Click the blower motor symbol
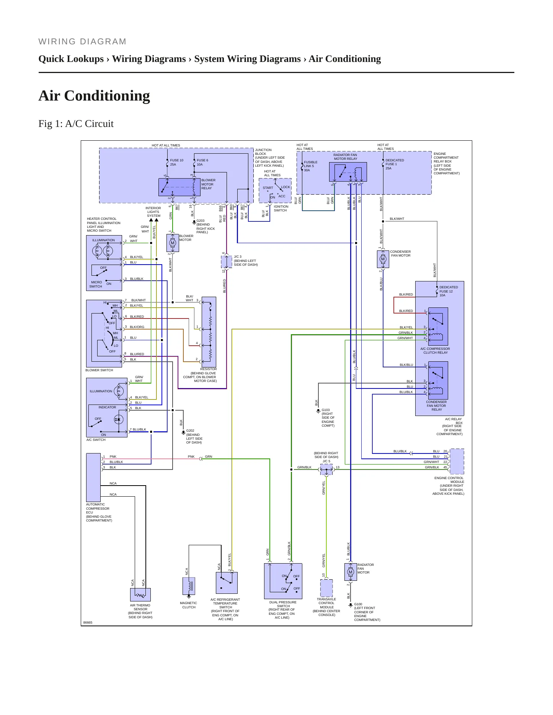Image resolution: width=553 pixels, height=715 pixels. pyautogui.click(x=173, y=243)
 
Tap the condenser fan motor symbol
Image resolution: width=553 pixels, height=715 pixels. pyautogui.click(x=383, y=259)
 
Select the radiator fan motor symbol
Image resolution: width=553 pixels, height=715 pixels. pyautogui.click(x=351, y=572)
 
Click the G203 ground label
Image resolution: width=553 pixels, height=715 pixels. pyautogui.click(x=206, y=226)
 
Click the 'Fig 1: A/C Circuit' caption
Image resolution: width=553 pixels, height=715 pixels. pyautogui.click(x=76, y=123)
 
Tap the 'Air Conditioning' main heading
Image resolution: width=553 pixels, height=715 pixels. pyautogui.click(x=94, y=96)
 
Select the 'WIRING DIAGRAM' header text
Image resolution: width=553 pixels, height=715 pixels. pyautogui.click(x=82, y=42)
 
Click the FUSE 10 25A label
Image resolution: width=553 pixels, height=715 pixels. pyautogui.click(x=176, y=162)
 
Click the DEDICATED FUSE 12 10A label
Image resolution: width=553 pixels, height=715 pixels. pyautogui.click(x=449, y=291)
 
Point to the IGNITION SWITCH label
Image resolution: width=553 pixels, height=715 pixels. pyautogui.click(x=281, y=208)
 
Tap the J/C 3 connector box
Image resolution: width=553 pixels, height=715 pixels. pyautogui.click(x=227, y=262)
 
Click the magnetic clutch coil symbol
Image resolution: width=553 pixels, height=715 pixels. pyautogui.click(x=189, y=586)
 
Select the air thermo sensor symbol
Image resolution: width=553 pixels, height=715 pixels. pyautogui.click(x=140, y=595)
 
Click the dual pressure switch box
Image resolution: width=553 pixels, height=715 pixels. pyautogui.click(x=283, y=581)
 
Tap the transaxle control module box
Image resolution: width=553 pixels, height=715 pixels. pyautogui.click(x=326, y=588)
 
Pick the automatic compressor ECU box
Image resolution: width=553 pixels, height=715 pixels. pyautogui.click(x=93, y=478)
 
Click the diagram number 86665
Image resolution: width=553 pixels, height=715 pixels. pyautogui.click(x=88, y=622)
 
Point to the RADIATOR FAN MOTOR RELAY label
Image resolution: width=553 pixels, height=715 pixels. pyautogui.click(x=345, y=157)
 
